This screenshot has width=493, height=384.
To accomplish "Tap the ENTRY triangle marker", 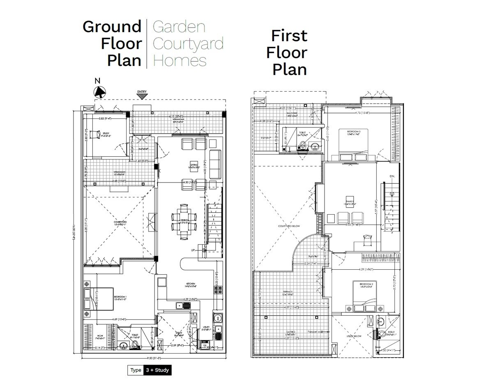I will tap(142, 96).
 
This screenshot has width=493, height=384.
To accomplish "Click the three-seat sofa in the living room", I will tap(215, 163).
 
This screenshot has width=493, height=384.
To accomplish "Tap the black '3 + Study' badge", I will tap(156, 370).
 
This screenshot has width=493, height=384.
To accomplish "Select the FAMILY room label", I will tap(350, 203).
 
